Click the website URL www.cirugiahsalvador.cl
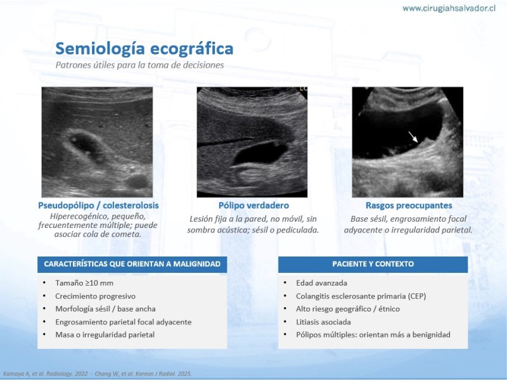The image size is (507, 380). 449,8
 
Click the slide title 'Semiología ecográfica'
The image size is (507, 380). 144,49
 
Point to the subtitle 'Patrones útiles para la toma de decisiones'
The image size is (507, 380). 139,65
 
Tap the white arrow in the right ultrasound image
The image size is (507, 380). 413,137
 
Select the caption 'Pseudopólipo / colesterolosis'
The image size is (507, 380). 98,205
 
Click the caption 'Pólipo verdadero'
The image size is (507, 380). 254,205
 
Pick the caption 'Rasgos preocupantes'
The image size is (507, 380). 409,205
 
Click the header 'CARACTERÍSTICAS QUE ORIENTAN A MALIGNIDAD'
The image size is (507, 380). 132,264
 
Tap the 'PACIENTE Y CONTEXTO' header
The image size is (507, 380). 373,264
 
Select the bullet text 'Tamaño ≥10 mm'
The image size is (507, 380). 84,283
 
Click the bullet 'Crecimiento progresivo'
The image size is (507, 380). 96,296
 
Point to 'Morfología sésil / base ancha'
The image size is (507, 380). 105,309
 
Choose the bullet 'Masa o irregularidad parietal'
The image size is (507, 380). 105,335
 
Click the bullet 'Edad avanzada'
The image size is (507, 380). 321,283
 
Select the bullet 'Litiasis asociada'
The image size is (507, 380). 323,322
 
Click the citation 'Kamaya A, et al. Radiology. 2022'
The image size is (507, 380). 45,374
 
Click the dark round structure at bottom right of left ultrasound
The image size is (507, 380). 137,181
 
